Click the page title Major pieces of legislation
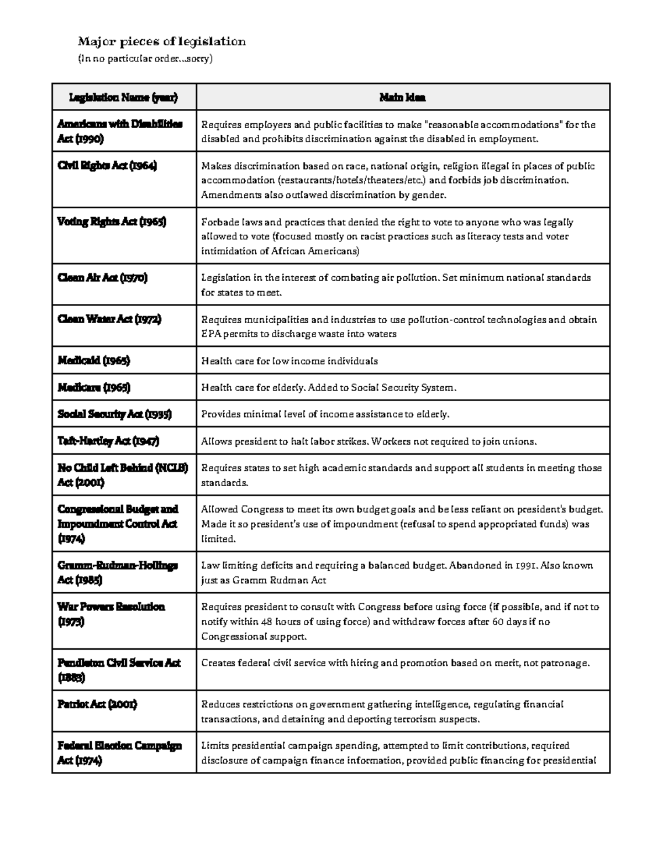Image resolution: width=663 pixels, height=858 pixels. pyautogui.click(x=161, y=41)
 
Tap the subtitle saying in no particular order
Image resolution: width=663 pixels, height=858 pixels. pyautogui.click(x=145, y=59)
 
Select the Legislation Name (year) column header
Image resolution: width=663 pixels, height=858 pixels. pyautogui.click(x=123, y=98)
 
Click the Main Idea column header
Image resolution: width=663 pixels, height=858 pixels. pyautogui.click(x=402, y=98)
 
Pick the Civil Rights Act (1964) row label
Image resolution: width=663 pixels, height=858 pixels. pyautogui.click(x=107, y=166)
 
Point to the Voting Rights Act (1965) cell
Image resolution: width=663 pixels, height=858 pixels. pyautogui.click(x=112, y=222)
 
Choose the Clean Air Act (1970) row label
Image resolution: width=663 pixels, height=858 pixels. pyautogui.click(x=103, y=278)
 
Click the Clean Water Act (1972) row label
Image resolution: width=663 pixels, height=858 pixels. pyautogui.click(x=109, y=319)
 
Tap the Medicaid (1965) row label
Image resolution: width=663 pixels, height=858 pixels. pyautogui.click(x=94, y=361)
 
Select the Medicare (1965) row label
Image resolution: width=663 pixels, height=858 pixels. pyautogui.click(x=94, y=387)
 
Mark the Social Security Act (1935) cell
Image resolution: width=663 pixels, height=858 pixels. pyautogui.click(x=115, y=414)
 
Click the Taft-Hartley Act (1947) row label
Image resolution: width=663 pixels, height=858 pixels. pyautogui.click(x=108, y=441)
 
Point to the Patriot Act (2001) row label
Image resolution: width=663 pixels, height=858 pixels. pyautogui.click(x=97, y=704)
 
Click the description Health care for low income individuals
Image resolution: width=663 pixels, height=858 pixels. pyautogui.click(x=290, y=361)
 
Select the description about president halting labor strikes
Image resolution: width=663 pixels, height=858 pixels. pyautogui.click(x=369, y=441)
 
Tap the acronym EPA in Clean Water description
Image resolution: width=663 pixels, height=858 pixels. pyautogui.click(x=210, y=334)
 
